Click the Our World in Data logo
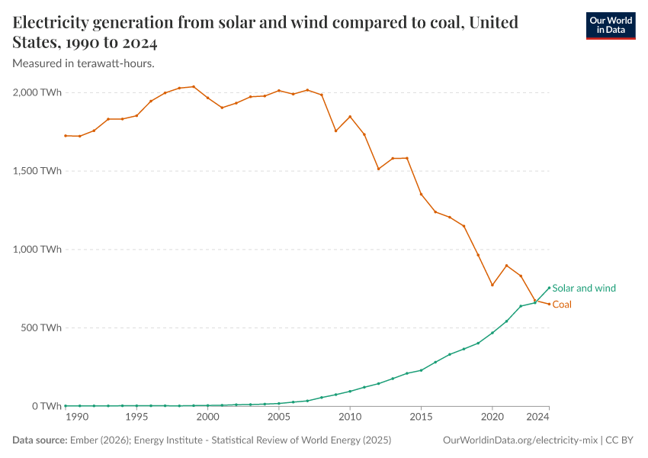click(610, 25)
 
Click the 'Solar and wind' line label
click(583, 289)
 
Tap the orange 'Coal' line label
click(562, 305)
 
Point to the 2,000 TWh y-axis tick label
click(37, 92)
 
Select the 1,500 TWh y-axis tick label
click(37, 171)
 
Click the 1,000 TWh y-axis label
click(37, 250)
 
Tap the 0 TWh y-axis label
click(45, 406)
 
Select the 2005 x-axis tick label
click(279, 418)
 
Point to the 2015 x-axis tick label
click(421, 418)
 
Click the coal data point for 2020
click(492, 285)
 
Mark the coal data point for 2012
click(378, 169)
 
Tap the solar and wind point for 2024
click(549, 288)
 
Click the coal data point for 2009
click(335, 131)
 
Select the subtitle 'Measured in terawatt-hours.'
click(84, 63)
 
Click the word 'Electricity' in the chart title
click(53, 22)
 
